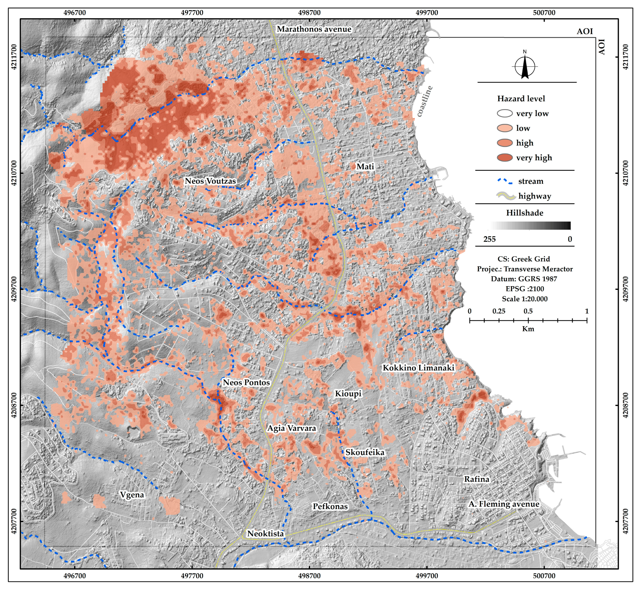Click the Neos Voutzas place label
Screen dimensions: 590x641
click(x=210, y=181)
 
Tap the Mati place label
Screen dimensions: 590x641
click(x=365, y=166)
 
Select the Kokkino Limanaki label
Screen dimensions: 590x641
click(x=418, y=368)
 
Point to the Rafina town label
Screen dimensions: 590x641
click(x=476, y=479)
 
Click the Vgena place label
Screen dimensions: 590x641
click(x=132, y=495)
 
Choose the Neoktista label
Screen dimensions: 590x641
click(x=265, y=534)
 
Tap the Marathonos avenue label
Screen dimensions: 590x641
click(x=314, y=29)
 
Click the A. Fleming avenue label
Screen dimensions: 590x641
click(x=504, y=504)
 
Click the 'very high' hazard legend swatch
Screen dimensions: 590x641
click(x=505, y=158)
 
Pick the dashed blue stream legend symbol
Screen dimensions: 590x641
click(x=505, y=181)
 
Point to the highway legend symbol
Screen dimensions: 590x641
click(x=506, y=196)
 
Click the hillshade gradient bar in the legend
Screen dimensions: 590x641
click(x=530, y=226)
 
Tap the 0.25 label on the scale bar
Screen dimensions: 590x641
click(x=499, y=311)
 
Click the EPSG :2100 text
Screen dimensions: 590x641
click(x=524, y=289)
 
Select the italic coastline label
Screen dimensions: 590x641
click(x=425, y=101)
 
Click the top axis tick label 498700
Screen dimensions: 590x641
click(x=309, y=13)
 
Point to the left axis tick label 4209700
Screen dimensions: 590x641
click(x=14, y=289)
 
